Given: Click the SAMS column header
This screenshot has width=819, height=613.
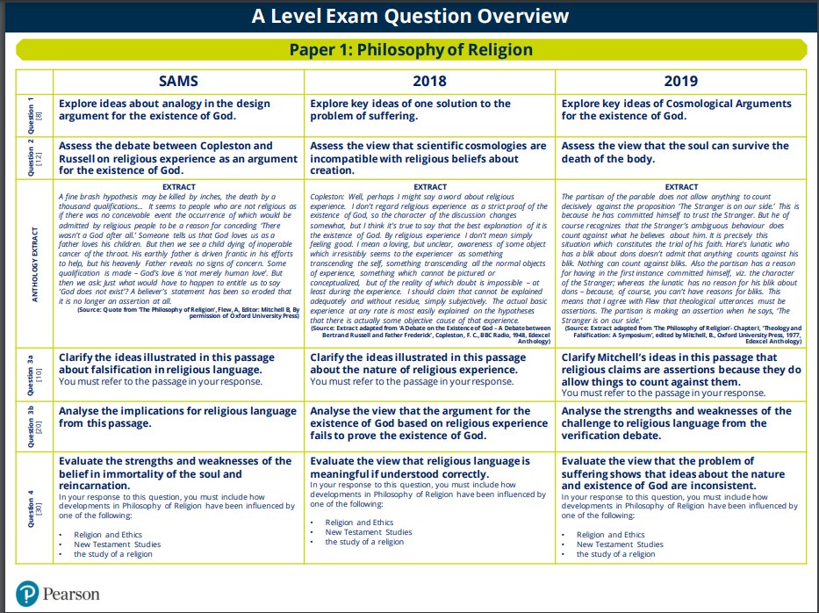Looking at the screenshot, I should point(179,81).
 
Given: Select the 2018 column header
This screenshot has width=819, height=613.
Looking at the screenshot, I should point(429,81).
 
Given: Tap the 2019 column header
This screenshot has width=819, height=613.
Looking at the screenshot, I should point(681,81).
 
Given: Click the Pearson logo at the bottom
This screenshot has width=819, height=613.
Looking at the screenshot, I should point(58,594).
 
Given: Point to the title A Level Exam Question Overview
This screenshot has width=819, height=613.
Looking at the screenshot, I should point(410,16).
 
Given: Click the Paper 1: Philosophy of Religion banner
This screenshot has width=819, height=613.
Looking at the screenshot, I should point(410,50).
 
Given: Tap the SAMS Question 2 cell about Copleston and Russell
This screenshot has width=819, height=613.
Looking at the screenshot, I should point(178,158).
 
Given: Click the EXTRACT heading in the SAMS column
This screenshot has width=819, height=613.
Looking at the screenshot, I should point(179,186).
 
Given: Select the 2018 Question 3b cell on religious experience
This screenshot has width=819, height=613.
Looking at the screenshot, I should point(430,423).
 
